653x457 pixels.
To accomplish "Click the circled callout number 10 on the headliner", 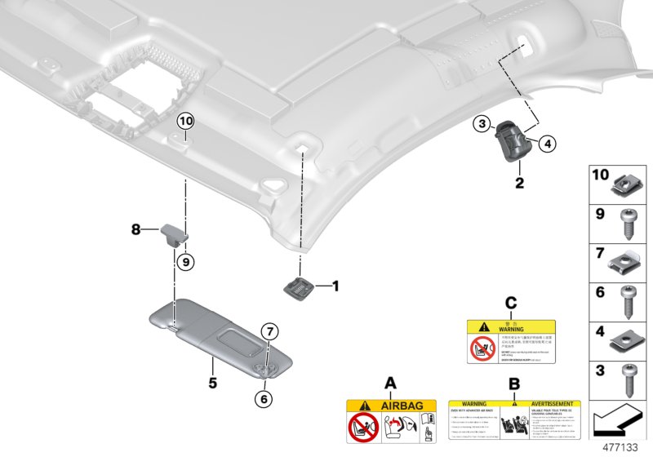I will [185, 122].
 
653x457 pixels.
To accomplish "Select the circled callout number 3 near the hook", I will [482, 124].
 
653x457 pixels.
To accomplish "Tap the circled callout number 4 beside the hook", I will [548, 144].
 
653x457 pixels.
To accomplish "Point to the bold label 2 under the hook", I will [518, 183].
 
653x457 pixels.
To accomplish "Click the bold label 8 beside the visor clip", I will [136, 231].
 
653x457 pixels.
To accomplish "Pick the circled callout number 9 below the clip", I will [185, 262].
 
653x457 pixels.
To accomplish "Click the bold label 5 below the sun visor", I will [211, 382].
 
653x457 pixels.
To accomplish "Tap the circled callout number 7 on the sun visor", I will [266, 331].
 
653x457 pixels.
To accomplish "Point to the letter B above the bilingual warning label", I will [513, 383].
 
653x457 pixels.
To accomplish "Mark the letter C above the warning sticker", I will [511, 304].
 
